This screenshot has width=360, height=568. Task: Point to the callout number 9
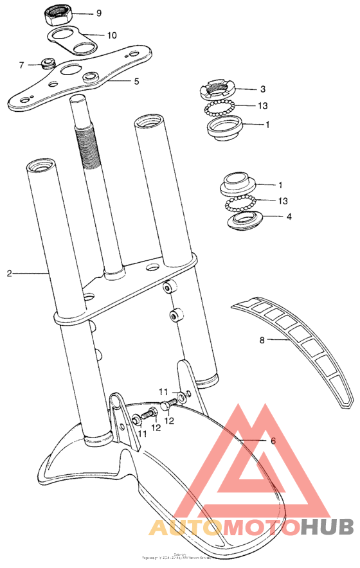coord(98,13)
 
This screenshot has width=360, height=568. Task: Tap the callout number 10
coord(112,35)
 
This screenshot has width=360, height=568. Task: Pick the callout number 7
coord(21,65)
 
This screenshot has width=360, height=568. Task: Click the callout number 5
coord(136,82)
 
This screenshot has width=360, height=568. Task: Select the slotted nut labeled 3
coord(221,88)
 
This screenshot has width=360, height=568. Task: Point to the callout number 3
coord(263,89)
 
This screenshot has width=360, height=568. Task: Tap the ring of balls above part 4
coord(239,204)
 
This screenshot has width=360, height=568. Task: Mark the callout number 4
coord(289,217)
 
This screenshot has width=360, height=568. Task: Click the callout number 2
coord(10,274)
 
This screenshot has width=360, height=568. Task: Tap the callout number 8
coord(262,341)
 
